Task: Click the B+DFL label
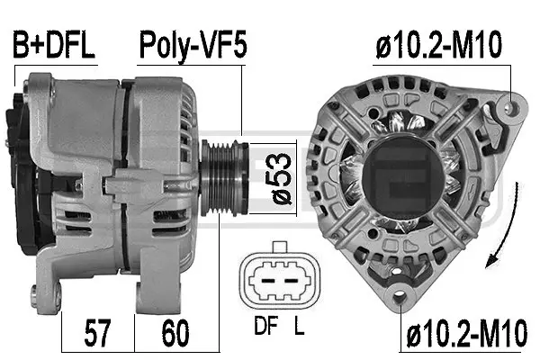[52, 46]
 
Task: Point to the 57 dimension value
[96, 335]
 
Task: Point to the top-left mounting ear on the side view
[38, 85]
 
